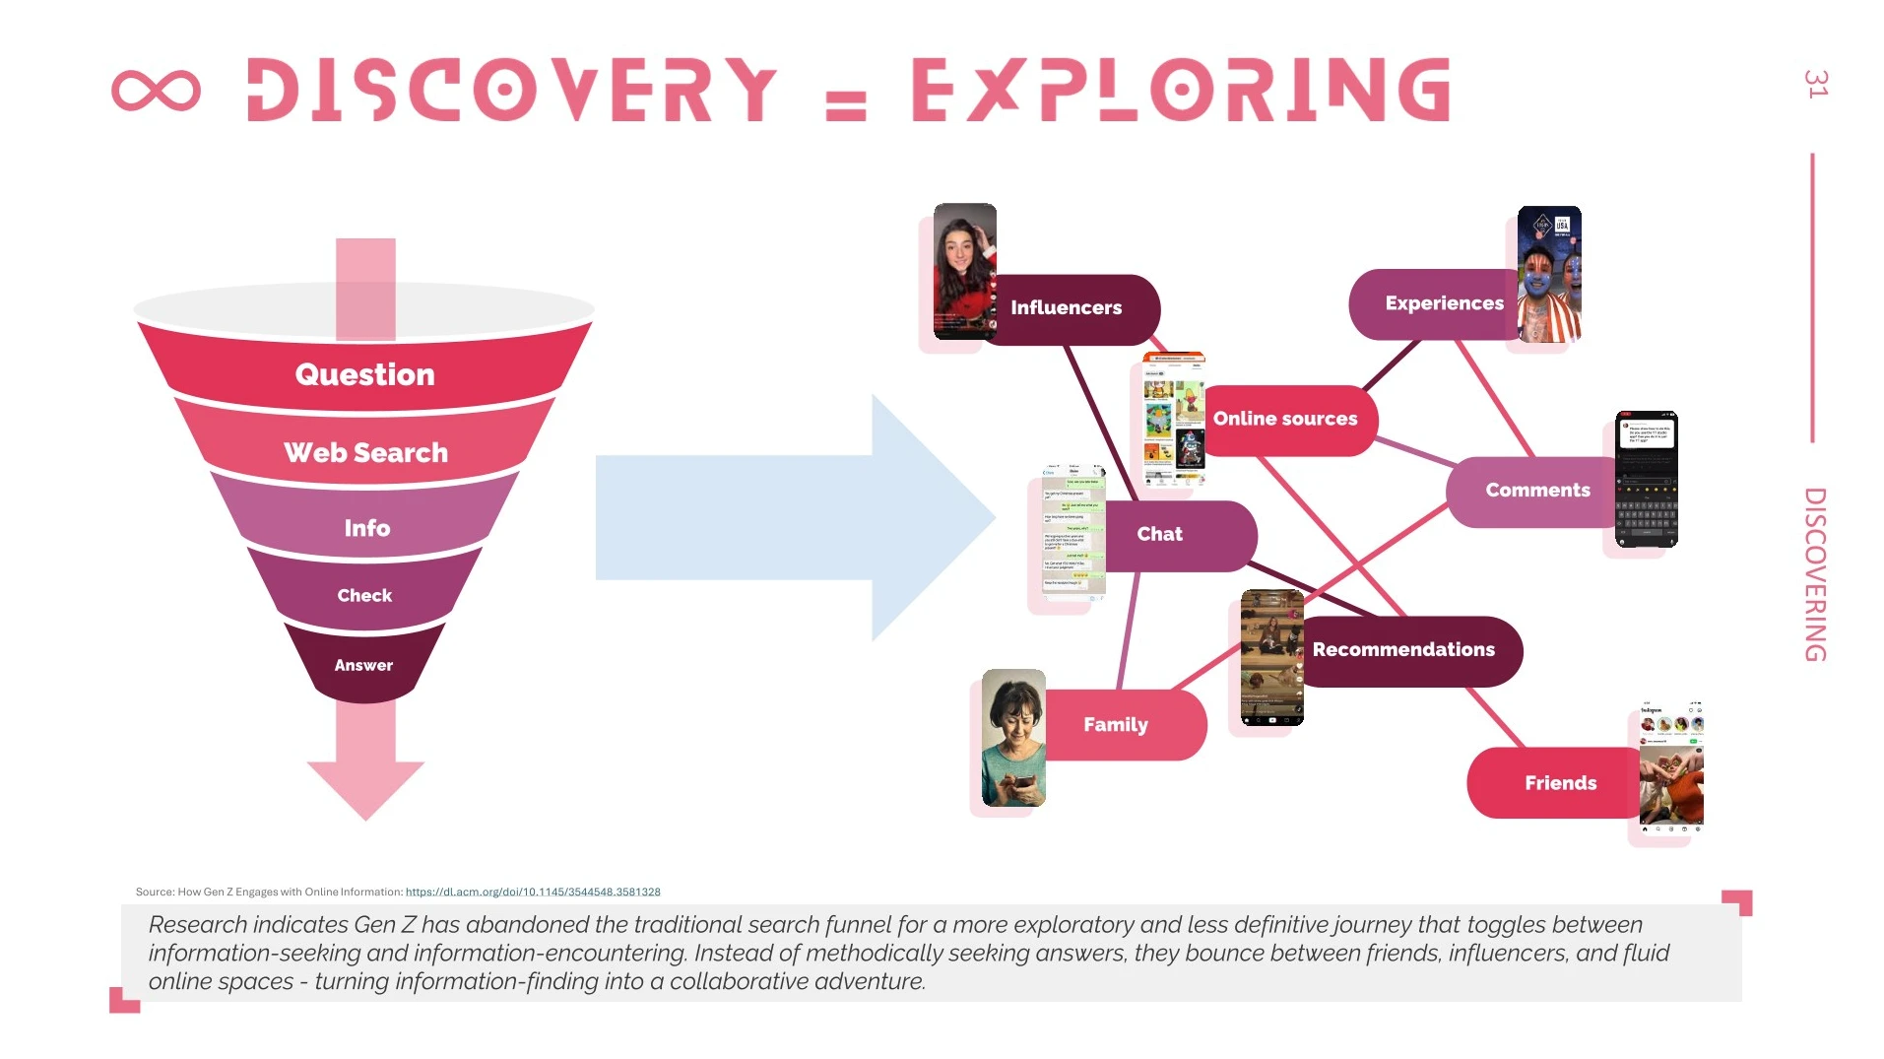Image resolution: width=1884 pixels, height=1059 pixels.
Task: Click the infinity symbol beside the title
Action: point(156,91)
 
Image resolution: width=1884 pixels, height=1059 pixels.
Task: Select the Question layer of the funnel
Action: point(364,374)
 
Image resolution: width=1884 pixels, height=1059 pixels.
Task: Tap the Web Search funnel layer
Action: point(365,452)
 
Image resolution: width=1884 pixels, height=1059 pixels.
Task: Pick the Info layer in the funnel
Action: point(366,528)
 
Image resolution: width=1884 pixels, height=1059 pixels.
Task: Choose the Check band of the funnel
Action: point(364,595)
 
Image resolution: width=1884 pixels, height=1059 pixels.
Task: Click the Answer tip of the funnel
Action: point(363,666)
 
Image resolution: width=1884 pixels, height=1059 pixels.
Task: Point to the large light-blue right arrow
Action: point(788,517)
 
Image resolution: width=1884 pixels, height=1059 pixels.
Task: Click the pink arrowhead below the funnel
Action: point(365,783)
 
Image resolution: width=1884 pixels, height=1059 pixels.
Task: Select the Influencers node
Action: point(1067,308)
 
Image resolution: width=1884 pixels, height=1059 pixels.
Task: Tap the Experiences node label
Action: point(1443,303)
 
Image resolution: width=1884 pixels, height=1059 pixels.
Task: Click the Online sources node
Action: point(1285,419)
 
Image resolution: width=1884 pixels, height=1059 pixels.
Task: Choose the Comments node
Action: point(1536,491)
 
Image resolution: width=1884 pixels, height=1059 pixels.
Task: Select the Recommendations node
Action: point(1403,650)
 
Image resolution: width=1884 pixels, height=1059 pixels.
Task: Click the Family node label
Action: point(1116,725)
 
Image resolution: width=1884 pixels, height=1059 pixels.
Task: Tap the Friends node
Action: point(1560,783)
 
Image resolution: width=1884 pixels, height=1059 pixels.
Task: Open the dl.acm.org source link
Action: point(533,893)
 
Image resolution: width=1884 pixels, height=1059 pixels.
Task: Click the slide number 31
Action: point(1816,84)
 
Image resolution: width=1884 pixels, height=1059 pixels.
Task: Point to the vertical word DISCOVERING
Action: point(1815,574)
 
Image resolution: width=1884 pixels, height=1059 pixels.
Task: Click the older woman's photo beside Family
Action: point(1013,738)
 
